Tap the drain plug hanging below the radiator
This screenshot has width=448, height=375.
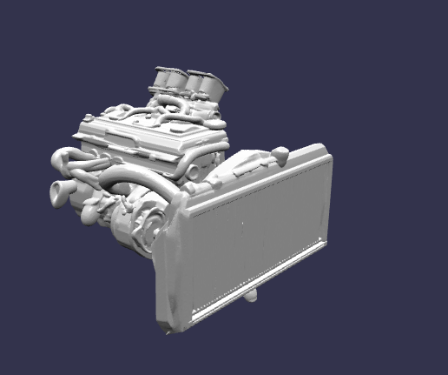pyautogui.click(x=252, y=298)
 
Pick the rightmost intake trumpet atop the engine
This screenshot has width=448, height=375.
pyautogui.click(x=214, y=85)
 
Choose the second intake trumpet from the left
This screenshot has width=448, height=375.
pyautogui.click(x=176, y=79)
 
